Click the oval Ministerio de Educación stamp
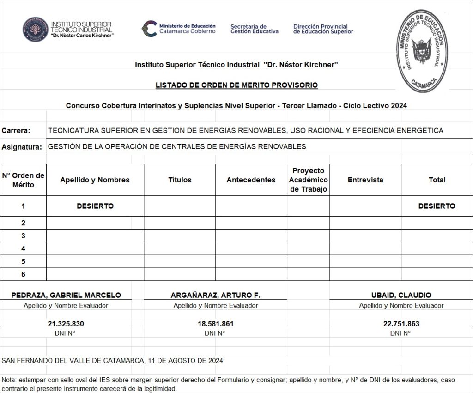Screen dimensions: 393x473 tap(422, 51)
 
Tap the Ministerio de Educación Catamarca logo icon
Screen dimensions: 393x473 tap(149, 28)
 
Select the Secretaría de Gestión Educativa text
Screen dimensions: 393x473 tap(254, 29)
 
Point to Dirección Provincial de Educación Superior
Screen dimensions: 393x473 tap(323, 29)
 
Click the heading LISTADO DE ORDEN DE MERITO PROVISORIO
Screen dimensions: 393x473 tap(236, 85)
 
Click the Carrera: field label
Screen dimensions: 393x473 tap(16, 131)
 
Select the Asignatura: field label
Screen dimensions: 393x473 tap(21, 147)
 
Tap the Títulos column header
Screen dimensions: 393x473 tap(180, 180)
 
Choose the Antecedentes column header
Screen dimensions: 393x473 tap(251, 180)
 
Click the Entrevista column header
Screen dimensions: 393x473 tap(365, 180)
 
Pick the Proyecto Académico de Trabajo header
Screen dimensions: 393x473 tap(309, 180)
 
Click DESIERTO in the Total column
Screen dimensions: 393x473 tap(437, 206)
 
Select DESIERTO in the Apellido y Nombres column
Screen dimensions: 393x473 tap(95, 206)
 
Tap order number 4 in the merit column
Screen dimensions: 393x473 tap(23, 248)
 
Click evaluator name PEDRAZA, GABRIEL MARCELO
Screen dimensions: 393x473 tap(66, 295)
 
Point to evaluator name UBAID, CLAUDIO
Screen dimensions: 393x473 tap(401, 295)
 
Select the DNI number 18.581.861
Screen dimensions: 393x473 tap(216, 324)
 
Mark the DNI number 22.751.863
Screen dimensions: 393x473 tap(401, 324)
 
